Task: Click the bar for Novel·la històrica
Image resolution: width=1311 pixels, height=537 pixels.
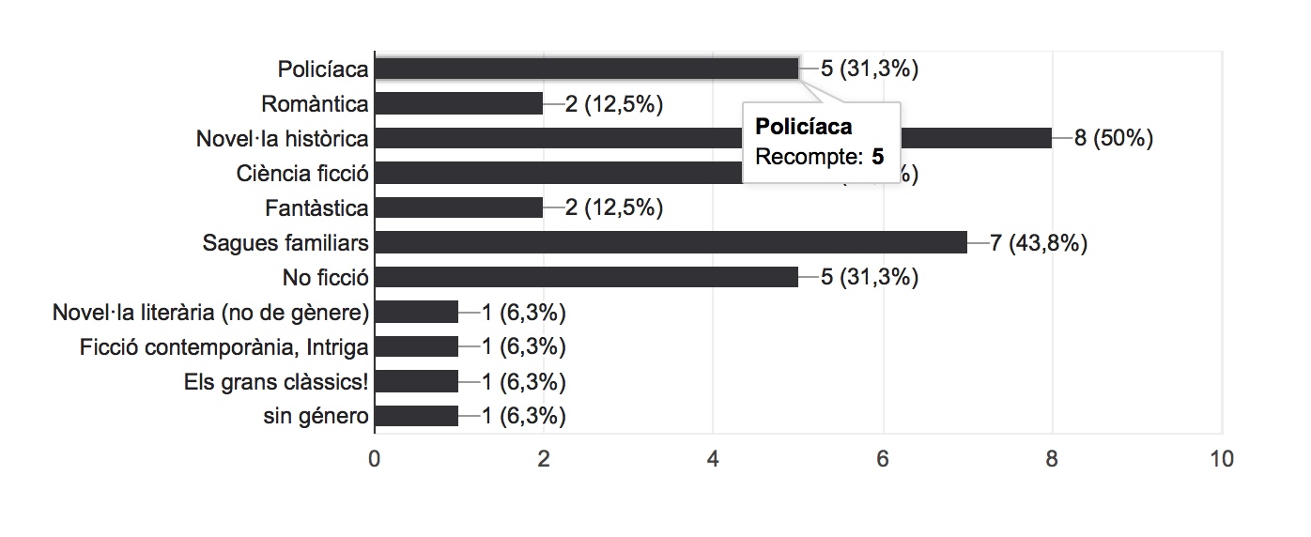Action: tap(563, 138)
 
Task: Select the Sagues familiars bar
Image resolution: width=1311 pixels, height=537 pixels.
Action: tap(671, 242)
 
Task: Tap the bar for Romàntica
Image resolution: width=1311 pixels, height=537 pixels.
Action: tap(459, 103)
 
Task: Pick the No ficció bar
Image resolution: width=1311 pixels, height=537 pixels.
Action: tap(586, 277)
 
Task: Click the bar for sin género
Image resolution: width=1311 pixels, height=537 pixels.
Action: tap(416, 416)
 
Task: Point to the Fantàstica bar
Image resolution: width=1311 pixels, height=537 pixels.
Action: tap(459, 207)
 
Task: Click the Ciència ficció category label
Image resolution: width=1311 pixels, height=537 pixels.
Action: tap(302, 173)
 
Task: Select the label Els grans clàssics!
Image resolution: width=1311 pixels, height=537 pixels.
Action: tap(276, 381)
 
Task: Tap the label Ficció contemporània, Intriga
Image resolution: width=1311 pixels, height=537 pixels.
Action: tap(224, 346)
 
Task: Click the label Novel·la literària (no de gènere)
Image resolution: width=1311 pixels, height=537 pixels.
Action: tap(211, 312)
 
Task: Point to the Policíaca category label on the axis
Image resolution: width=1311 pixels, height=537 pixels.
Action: tap(323, 69)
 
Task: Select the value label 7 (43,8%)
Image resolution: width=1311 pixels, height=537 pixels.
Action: tap(1039, 242)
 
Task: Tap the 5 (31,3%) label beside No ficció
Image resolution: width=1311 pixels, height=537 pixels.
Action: tap(870, 277)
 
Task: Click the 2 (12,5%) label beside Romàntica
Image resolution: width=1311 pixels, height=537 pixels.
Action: tap(614, 103)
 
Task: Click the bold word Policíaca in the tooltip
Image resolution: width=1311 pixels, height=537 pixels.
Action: tap(804, 127)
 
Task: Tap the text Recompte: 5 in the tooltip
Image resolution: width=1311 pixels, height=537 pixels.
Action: tap(820, 157)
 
